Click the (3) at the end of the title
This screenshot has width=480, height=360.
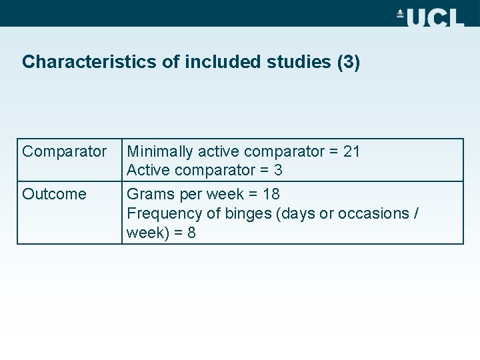click(349, 62)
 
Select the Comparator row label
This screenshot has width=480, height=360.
click(64, 152)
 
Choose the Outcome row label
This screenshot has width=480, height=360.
click(54, 195)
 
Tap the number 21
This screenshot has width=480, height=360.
click(351, 152)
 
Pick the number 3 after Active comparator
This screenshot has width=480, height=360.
click(278, 171)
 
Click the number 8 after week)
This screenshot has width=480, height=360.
click(191, 233)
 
